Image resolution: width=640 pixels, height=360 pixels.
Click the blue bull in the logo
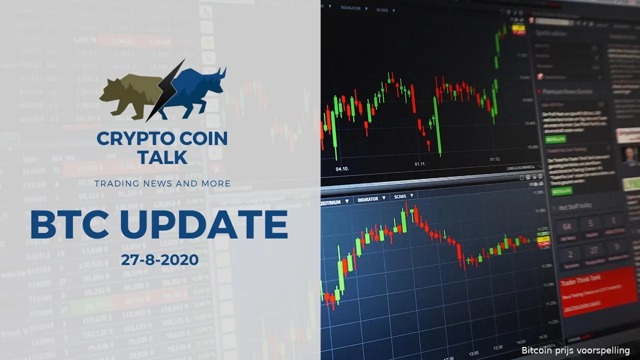click(197, 90)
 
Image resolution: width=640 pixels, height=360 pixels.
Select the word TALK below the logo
click(162, 157)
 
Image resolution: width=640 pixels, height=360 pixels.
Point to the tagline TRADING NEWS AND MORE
click(162, 183)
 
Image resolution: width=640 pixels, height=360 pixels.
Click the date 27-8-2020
click(159, 260)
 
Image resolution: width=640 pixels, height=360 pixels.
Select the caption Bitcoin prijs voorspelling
click(575, 350)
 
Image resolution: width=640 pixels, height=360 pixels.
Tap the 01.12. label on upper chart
click(494, 159)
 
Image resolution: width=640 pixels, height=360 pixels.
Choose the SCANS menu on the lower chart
click(400, 196)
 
